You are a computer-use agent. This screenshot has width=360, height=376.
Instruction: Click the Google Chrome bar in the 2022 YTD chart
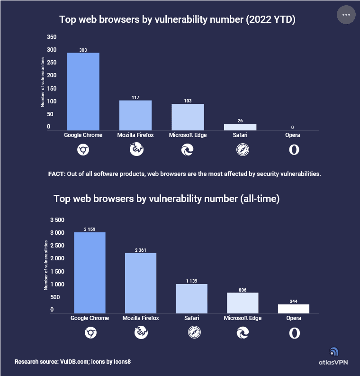[x=83, y=91]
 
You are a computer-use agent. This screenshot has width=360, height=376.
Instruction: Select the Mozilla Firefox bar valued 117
[x=135, y=115]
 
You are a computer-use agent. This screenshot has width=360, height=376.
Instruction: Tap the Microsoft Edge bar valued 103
[x=188, y=117]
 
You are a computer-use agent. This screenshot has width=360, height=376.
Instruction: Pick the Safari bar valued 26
[x=240, y=127]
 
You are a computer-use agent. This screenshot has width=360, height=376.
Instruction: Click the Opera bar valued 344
[x=294, y=309]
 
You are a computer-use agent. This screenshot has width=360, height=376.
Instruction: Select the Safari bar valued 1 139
[x=191, y=299]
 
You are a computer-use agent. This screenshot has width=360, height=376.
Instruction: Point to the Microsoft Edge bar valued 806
[x=243, y=303]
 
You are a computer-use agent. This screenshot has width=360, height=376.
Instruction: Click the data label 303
[x=83, y=49]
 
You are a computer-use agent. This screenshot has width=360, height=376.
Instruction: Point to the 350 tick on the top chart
[x=52, y=37]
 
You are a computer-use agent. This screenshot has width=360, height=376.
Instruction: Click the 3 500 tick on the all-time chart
[x=57, y=220]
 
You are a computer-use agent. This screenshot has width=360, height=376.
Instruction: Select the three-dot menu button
[x=346, y=15]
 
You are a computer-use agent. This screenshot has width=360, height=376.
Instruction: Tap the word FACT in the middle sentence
[x=56, y=174]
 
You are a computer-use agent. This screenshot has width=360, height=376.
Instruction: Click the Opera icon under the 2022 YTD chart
[x=294, y=150]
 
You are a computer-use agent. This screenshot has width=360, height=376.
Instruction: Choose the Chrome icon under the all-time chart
[x=90, y=333]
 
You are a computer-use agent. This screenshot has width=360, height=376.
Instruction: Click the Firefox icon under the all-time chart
[x=141, y=333]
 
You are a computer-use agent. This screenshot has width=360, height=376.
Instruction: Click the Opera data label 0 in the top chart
[x=293, y=127]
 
